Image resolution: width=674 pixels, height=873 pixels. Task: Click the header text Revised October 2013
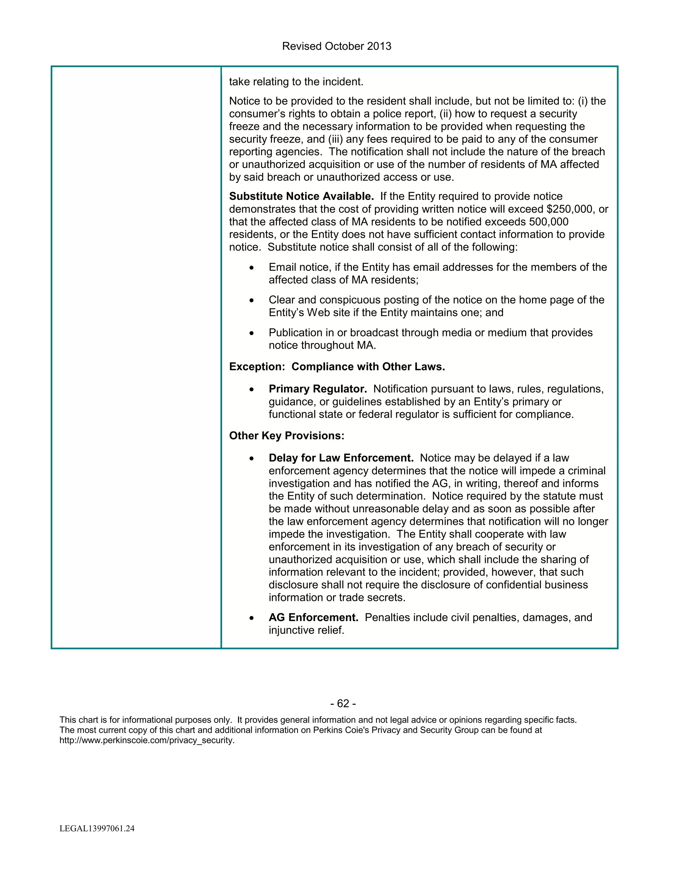337,46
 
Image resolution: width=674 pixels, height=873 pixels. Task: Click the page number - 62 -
343,703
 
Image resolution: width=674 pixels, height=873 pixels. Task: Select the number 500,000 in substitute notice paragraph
549,222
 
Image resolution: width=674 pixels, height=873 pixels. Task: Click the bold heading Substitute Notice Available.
301,196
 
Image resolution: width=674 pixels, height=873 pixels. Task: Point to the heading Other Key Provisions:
286,436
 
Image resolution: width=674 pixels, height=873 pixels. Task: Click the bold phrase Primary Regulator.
318,389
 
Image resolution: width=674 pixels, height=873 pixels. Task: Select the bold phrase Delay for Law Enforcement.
341,458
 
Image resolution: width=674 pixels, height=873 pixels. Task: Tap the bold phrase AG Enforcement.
313,618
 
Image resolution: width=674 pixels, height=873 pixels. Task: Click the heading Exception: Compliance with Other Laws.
337,367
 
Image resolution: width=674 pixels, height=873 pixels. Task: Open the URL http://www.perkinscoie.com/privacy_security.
146,740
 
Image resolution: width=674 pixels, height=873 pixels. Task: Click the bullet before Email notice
251,268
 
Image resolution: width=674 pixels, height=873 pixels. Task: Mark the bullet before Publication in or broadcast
251,333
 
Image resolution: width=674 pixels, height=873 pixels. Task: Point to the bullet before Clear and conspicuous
251,300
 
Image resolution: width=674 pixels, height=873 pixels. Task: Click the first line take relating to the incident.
296,82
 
